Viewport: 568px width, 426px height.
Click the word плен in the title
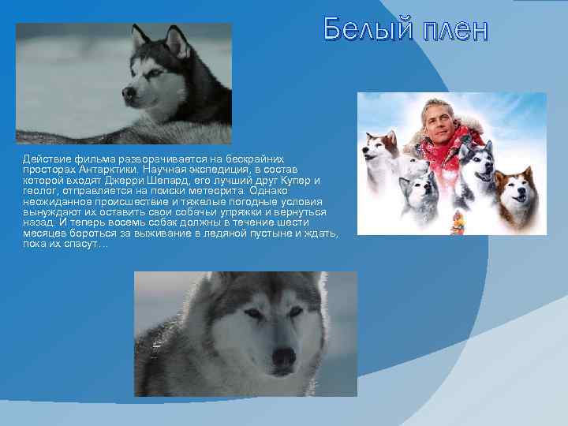(x=454, y=30)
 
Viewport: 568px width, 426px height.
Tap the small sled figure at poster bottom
(x=458, y=222)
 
